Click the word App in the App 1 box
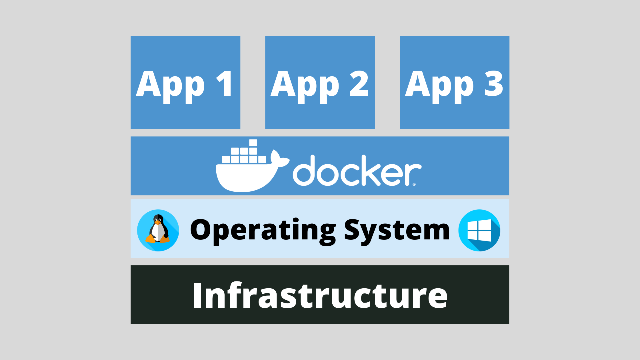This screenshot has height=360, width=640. (170, 86)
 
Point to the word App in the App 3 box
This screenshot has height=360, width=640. (439, 86)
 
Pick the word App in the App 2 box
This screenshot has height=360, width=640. (305, 86)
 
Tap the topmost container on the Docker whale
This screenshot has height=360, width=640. (253, 143)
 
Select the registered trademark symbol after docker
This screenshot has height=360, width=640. (414, 184)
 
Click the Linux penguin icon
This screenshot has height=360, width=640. (158, 230)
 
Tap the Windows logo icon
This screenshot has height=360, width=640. (479, 230)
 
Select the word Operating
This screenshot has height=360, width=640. (263, 230)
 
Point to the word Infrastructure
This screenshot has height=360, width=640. (320, 295)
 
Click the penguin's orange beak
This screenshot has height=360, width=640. (158, 222)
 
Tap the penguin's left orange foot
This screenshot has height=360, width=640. (150, 239)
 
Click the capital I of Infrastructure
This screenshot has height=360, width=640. (197, 295)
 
